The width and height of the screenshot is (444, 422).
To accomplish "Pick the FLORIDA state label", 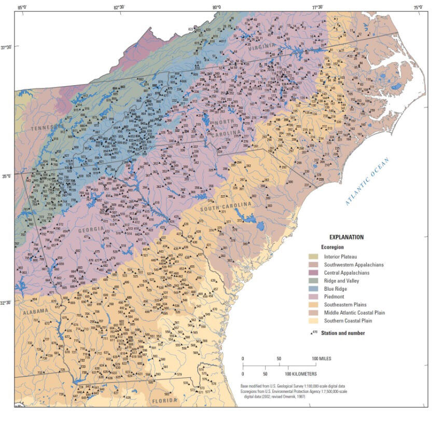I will [x=164, y=400].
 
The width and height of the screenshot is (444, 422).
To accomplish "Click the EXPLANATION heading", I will [x=345, y=237].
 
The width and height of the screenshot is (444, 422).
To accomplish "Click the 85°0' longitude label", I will [x=22, y=7].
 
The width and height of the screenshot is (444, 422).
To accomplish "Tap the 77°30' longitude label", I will [x=317, y=7].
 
